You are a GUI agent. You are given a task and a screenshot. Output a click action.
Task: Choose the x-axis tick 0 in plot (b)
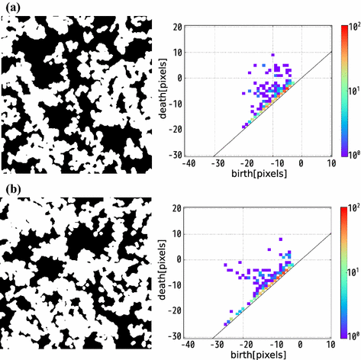click(x=302, y=342)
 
